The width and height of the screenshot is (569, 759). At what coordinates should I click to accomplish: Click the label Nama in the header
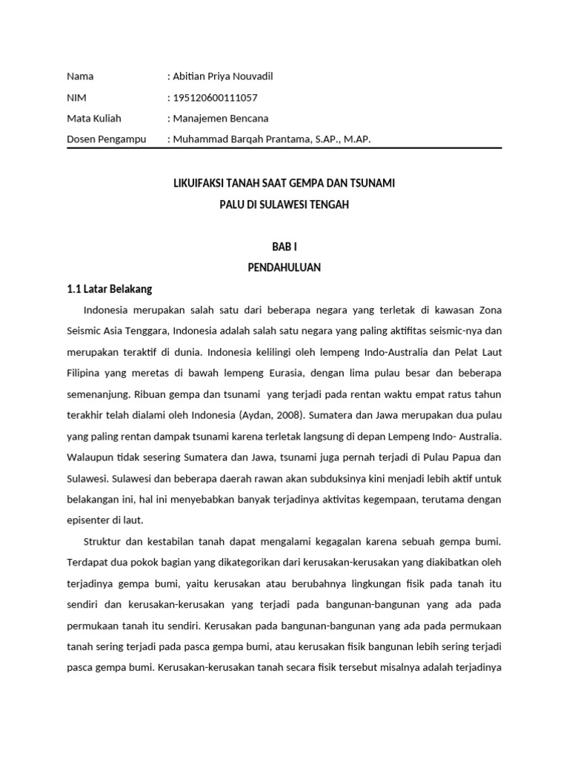80,76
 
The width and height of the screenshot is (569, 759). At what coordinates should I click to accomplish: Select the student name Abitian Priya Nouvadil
217,76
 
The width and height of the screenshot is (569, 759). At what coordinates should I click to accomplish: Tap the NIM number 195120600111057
216,97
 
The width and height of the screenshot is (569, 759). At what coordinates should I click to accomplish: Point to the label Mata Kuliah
94,118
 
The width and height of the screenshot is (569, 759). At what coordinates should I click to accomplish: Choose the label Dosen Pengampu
107,139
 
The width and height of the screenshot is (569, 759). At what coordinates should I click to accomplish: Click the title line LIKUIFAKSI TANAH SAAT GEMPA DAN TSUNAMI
284,182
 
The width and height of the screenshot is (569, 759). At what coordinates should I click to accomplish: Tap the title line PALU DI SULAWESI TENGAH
284,204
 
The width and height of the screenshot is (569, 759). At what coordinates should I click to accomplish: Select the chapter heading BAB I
284,247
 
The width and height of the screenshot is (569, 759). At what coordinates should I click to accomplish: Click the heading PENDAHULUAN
284,268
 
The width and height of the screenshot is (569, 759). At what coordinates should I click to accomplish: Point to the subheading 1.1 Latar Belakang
109,289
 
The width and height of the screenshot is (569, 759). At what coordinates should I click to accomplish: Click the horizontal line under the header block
284,148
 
